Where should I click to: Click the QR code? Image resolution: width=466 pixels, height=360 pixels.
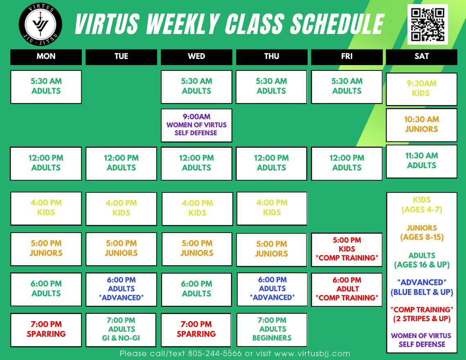click(x=428, y=25)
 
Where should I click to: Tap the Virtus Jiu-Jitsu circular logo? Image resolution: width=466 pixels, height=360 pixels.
click(x=41, y=25)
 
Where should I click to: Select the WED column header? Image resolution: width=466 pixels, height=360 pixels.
click(x=196, y=57)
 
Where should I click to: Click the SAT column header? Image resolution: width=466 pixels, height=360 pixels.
click(x=421, y=57)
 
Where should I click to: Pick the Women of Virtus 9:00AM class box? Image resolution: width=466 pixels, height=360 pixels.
click(x=196, y=125)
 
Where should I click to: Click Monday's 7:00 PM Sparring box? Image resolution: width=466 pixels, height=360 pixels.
click(x=46, y=330)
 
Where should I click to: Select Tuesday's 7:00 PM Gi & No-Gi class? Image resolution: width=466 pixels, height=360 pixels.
click(x=121, y=330)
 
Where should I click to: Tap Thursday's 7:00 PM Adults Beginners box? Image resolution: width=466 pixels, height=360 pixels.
click(x=272, y=330)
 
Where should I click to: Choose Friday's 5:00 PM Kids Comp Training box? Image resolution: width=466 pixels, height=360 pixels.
click(x=347, y=249)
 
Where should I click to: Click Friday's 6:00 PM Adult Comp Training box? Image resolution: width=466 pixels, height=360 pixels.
click(x=347, y=290)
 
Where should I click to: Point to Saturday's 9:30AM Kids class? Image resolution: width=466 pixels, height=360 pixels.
click(x=421, y=89)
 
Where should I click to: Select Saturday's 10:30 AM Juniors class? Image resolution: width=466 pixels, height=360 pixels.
click(x=421, y=125)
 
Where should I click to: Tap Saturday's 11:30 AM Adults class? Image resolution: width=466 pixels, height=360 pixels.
click(x=421, y=161)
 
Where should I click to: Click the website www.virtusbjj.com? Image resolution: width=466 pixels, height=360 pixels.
click(x=312, y=353)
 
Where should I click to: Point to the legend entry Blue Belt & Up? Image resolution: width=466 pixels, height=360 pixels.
click(x=422, y=292)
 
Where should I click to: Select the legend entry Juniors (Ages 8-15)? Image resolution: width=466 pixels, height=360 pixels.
click(x=422, y=233)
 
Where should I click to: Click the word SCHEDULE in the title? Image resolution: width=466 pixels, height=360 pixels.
click(x=337, y=24)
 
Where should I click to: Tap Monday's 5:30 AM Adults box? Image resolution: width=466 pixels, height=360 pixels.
click(x=46, y=87)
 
